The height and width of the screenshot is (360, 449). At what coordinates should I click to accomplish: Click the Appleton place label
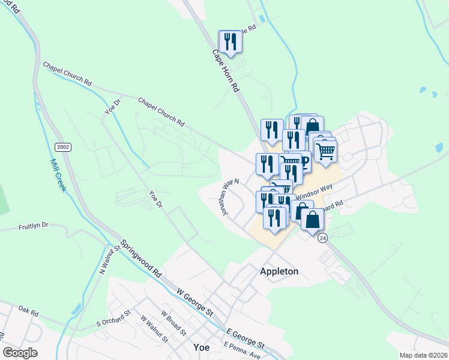coord(279,271)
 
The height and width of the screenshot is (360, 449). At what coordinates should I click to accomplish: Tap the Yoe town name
coord(202,347)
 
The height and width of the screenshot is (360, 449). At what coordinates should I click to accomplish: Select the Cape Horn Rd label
coord(226,70)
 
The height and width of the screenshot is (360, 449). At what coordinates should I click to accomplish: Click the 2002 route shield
coord(62,147)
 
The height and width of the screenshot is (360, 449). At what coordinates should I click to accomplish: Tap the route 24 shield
coord(323,238)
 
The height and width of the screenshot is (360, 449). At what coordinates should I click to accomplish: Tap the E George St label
coord(246,338)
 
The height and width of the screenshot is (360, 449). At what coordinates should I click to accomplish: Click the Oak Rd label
coord(28,313)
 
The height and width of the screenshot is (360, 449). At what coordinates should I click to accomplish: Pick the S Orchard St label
coord(113,319)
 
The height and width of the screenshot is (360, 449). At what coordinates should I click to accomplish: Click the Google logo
coord(20,353)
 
